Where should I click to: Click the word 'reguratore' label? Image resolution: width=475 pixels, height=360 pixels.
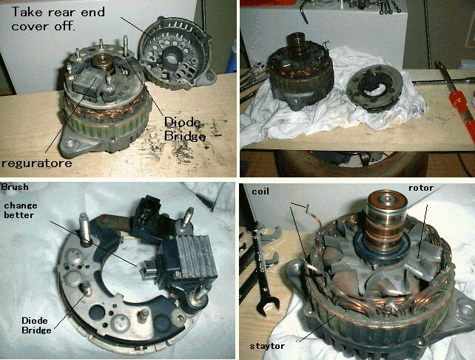point(37,163)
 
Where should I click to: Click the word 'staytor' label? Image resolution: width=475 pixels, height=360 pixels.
point(267,346)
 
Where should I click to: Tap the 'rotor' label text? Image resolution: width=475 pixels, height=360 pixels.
point(421,188)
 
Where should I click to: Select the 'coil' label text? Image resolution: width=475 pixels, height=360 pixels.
point(260,191)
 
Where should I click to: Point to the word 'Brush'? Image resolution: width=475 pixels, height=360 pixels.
point(15,187)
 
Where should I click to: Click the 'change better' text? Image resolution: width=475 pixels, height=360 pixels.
point(20,210)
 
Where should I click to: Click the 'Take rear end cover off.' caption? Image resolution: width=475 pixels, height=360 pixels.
point(58,18)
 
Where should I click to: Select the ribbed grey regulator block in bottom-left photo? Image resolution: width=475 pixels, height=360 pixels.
point(191,258)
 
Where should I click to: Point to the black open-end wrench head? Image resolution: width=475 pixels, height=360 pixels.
point(267,306)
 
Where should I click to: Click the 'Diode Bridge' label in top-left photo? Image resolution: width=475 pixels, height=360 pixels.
point(184,129)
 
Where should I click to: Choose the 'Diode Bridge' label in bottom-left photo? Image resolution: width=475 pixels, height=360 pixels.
point(36,325)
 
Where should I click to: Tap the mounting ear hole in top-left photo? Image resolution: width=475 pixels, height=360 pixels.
point(72,143)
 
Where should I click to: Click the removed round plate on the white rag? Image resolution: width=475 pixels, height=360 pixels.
point(375,88)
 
